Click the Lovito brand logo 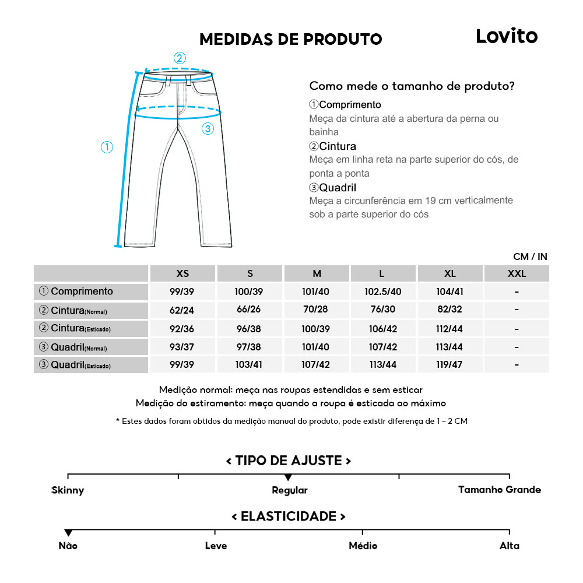tap(506, 36)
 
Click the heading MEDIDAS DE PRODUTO tap(290, 39)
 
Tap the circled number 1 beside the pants tap(107, 147)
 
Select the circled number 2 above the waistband tap(180, 58)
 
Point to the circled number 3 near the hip tap(208, 129)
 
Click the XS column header tap(182, 273)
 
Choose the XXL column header tap(516, 273)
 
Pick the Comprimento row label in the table tap(76, 291)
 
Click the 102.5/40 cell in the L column tap(383, 292)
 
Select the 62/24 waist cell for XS tap(182, 311)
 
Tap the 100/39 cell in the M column tap(316, 329)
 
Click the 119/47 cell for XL tap(449, 365)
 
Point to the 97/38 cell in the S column tap(249, 347)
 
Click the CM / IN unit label tap(530, 257)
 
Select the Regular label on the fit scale tap(290, 490)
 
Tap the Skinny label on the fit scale tap(68, 490)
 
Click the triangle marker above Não tap(68, 533)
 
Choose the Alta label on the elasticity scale tap(509, 546)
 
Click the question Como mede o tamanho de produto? tap(412, 86)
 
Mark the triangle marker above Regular tap(288, 477)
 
